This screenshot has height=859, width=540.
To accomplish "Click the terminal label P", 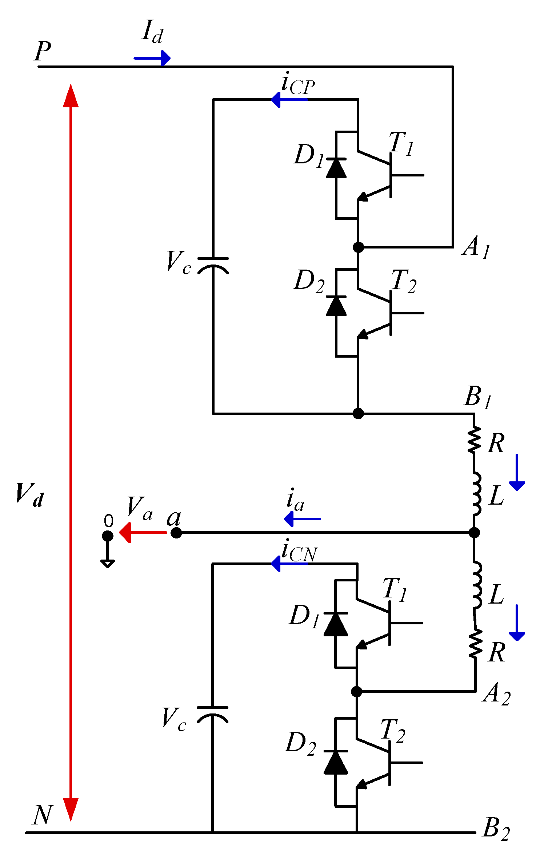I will pos(43,51).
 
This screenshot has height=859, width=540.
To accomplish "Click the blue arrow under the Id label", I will pos(152,58).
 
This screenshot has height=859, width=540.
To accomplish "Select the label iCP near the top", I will pos(298,84).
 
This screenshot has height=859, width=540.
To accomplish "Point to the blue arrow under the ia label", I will pos(302,519).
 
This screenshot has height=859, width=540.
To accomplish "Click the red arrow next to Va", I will pos(143,533).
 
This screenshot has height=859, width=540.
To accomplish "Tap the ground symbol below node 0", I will pos(108,563).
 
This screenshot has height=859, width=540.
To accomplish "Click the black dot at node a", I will pos(176,533).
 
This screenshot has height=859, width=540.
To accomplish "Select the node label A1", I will pos(476,247).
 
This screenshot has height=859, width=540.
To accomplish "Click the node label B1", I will pos(478,397).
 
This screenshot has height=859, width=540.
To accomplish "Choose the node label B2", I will pos(496,830).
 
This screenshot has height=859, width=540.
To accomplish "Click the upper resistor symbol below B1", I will pos(474,440).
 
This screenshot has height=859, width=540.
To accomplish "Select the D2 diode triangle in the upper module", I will pos(336,306).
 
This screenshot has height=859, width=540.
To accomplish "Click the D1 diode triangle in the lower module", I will pos(336,624).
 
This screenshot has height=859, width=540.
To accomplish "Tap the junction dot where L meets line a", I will pos(474,533).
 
